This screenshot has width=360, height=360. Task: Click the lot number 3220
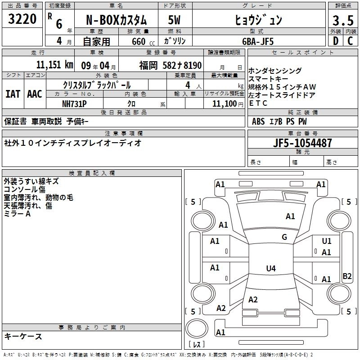pos(22,20)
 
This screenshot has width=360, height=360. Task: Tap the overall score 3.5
pos(342,20)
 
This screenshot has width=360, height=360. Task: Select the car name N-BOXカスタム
pos(117,20)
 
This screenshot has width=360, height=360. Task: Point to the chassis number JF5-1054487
pos(303,144)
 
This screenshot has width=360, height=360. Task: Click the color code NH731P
pos(75,103)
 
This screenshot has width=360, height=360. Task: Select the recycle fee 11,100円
pos(224,103)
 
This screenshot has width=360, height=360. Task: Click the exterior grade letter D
pos(335,41)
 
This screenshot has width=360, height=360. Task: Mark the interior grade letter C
pos(350,41)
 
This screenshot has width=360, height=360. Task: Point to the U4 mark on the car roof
pos(270,269)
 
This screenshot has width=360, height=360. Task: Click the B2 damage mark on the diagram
pos(347,276)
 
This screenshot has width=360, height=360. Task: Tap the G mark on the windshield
pos(284,237)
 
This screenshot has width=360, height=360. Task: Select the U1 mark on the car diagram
pos(327,241)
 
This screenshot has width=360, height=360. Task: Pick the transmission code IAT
pos(13,94)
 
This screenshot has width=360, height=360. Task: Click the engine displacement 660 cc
pos(139,41)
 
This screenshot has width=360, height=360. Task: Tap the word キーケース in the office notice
pos(23,336)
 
